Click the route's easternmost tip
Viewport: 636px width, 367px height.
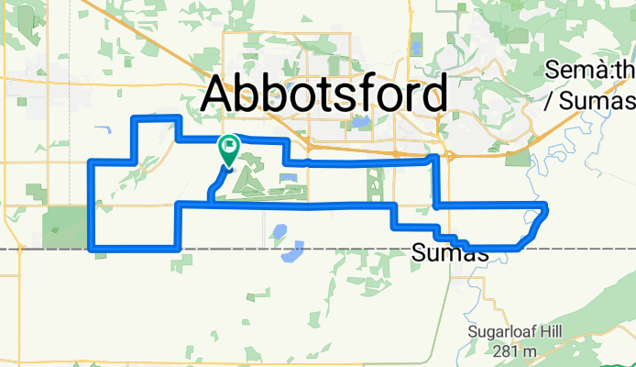[546, 208]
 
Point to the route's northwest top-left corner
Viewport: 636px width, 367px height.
[137, 119]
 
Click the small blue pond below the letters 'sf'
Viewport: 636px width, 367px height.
[359, 120]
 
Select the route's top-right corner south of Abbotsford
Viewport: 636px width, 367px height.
[434, 159]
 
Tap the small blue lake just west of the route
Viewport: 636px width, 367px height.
[101, 129]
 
